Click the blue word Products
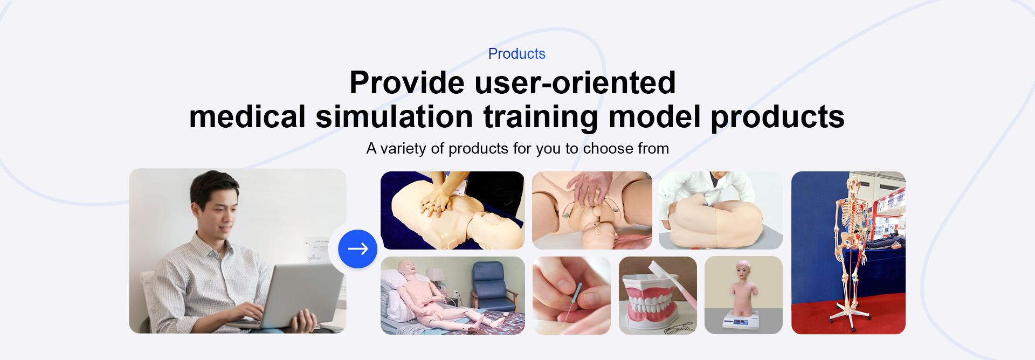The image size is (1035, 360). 516,54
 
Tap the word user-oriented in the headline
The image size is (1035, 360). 575,82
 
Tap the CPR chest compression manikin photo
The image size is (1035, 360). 452,210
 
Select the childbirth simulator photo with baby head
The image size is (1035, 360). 592,210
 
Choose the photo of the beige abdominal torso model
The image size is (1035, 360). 720,210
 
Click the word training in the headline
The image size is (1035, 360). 541,117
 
